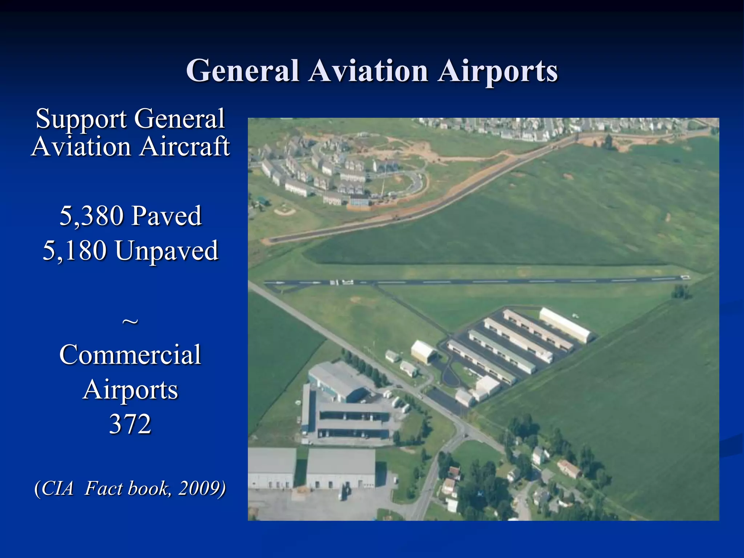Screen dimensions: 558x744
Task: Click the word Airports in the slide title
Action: [498, 71]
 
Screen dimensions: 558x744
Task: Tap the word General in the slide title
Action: [242, 71]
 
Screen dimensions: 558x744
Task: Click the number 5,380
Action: [91, 216]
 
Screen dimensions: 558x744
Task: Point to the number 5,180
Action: [75, 251]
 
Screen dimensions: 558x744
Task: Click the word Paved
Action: [166, 216]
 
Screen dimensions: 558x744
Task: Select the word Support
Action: [81, 119]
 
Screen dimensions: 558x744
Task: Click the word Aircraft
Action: [185, 147]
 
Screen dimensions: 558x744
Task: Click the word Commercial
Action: [130, 355]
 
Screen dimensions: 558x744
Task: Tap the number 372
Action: [130, 424]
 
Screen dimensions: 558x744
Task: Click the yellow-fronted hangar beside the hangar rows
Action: [423, 351]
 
